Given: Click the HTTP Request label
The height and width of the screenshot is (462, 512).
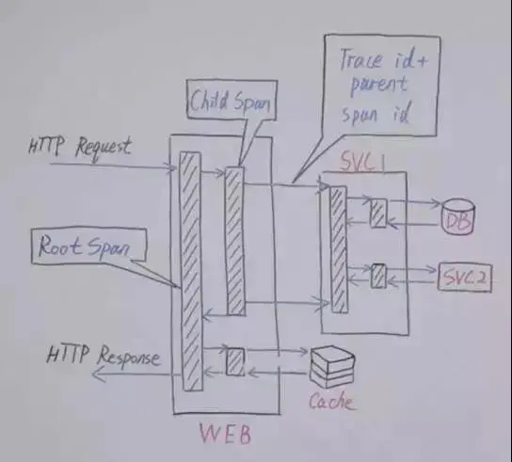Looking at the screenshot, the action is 80,149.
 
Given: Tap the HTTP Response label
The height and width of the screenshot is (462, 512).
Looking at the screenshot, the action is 104,356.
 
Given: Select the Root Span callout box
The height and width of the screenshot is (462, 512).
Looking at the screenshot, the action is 88,246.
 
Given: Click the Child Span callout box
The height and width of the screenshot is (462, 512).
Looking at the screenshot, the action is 232,100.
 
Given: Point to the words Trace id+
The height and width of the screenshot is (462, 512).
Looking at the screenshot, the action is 383,59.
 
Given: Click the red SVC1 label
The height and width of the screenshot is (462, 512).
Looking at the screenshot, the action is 362,162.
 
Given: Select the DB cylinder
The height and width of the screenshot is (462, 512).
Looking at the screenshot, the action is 457,216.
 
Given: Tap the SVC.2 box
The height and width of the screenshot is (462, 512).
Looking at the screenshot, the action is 465,278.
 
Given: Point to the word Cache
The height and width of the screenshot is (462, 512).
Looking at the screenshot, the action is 331,402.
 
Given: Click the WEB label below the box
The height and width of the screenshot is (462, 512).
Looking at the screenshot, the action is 225,434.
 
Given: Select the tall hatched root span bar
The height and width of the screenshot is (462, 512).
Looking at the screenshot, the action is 191,271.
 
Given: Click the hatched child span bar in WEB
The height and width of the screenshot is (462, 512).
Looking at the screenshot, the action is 235,241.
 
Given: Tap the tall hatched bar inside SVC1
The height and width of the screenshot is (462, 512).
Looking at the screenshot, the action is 339,249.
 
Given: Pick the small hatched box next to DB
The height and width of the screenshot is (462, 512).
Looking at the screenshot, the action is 378,213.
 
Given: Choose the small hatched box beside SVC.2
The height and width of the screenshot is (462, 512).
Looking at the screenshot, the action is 378,277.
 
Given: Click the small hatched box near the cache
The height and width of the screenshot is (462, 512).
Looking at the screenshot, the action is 235,361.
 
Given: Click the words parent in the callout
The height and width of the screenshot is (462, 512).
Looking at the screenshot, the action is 378,86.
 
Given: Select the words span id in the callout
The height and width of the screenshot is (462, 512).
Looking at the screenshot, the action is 376,114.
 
